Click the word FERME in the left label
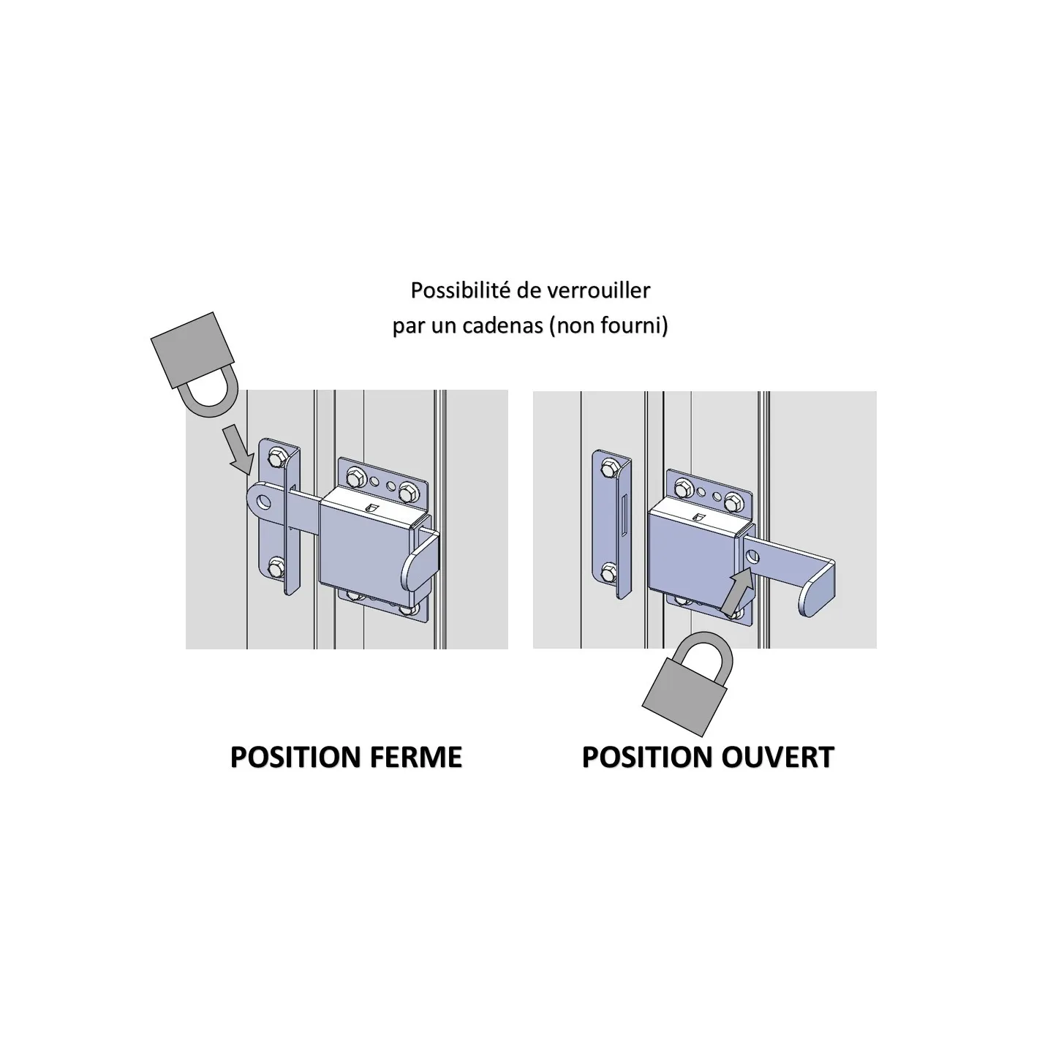point(416,758)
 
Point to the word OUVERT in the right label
point(777,758)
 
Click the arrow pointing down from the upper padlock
point(239,449)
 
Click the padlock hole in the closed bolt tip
point(265,500)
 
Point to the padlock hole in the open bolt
point(752,557)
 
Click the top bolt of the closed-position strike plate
point(276,457)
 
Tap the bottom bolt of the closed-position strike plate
point(276,567)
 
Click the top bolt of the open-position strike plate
point(608,467)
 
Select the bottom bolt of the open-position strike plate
point(608,574)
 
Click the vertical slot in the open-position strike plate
point(624,513)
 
